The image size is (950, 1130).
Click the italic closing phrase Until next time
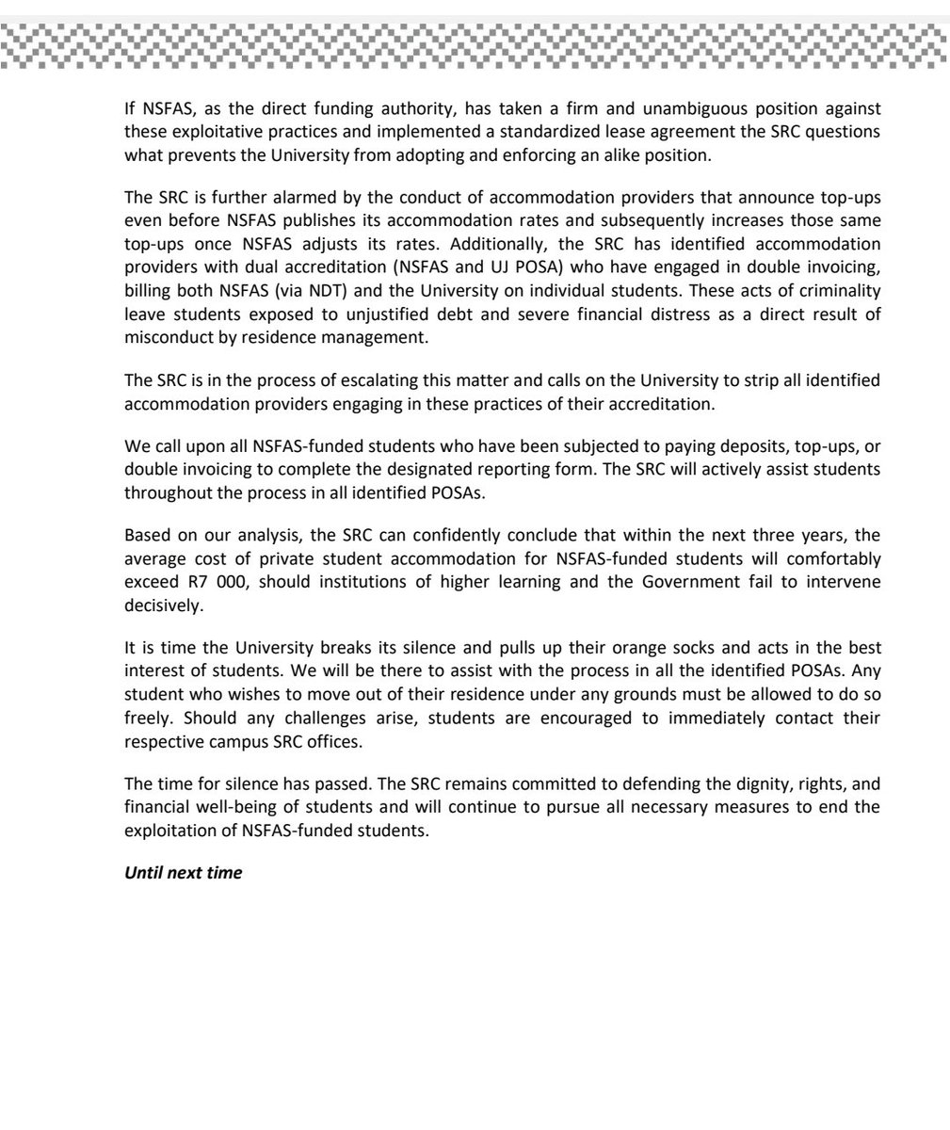click(x=184, y=873)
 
